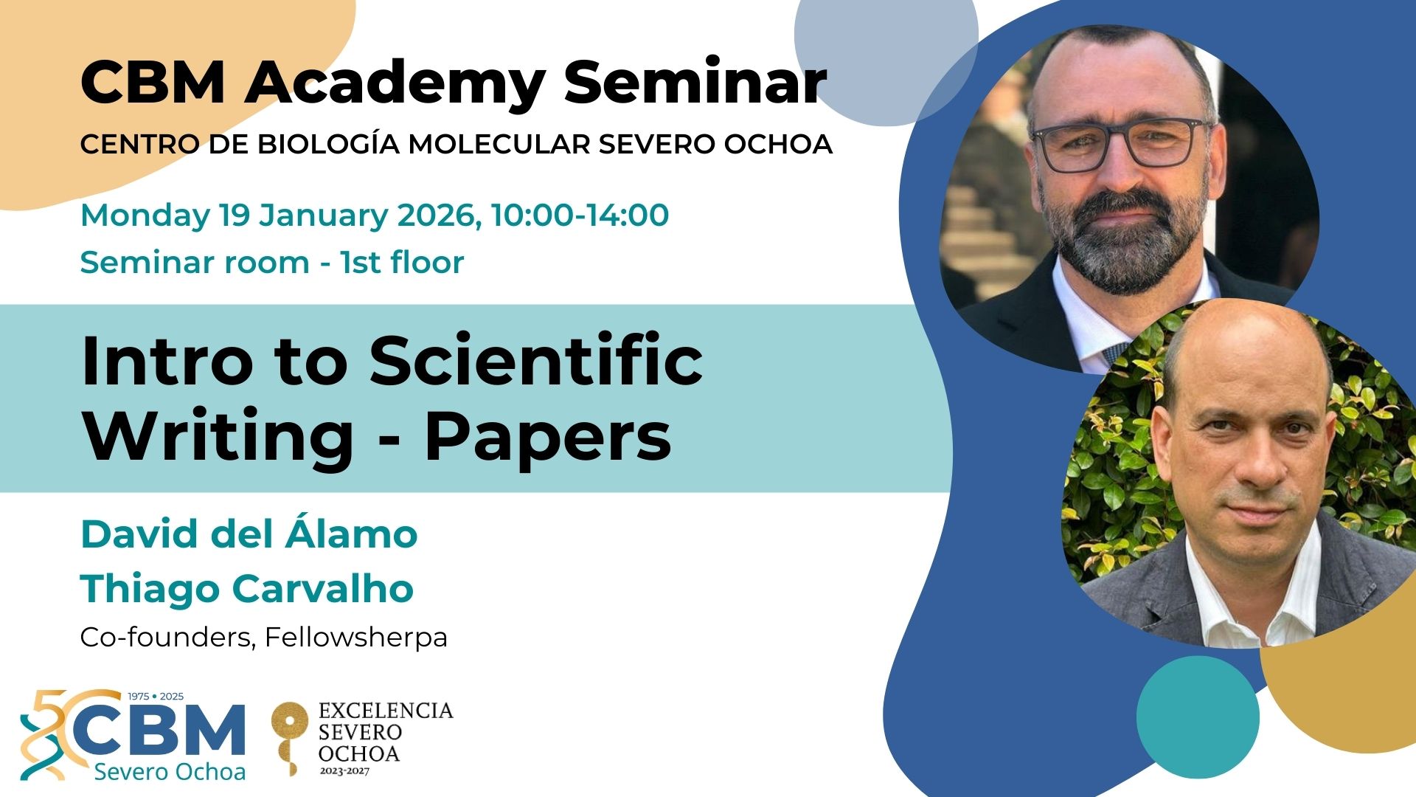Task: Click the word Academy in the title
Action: pyautogui.click(x=395, y=83)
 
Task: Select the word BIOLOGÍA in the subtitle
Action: pyautogui.click(x=327, y=144)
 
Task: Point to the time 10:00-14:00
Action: pyautogui.click(x=580, y=215)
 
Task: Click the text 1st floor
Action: pyautogui.click(x=402, y=262)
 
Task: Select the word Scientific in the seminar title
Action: pyautogui.click(x=536, y=361)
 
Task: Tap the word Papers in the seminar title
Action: pyautogui.click(x=548, y=436)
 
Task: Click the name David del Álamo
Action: pyautogui.click(x=249, y=534)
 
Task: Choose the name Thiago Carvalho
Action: pyautogui.click(x=247, y=588)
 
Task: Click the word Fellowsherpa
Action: pyautogui.click(x=356, y=637)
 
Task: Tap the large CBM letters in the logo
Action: pyautogui.click(x=159, y=731)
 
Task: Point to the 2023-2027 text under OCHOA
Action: pyautogui.click(x=344, y=771)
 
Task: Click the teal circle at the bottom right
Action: pyautogui.click(x=1198, y=717)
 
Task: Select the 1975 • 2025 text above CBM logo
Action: pyautogui.click(x=156, y=696)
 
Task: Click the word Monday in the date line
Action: pyautogui.click(x=145, y=215)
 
